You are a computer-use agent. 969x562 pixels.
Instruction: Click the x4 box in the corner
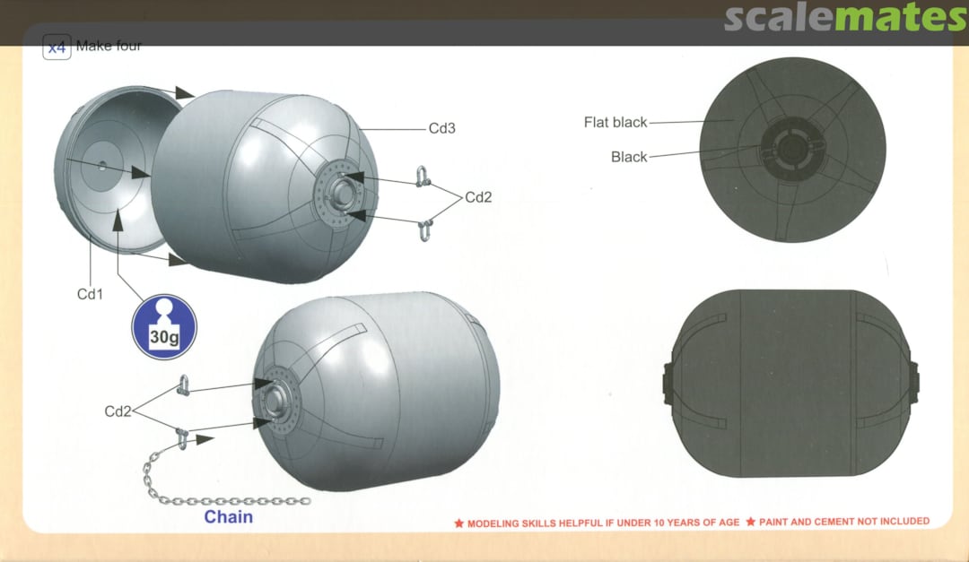pyautogui.click(x=57, y=47)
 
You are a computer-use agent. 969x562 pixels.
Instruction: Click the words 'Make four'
pyautogui.click(x=109, y=46)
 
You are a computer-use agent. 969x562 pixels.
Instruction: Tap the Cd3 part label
pyautogui.click(x=441, y=128)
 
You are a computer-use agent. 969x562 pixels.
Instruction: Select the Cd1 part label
pyautogui.click(x=90, y=294)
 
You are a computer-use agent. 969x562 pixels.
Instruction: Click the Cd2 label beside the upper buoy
pyautogui.click(x=478, y=197)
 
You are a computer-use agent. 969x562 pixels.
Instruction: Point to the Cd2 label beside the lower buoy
pyautogui.click(x=118, y=411)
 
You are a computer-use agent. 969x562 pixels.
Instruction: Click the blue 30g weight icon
pyautogui.click(x=164, y=326)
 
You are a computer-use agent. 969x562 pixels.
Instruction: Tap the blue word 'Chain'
pyautogui.click(x=229, y=517)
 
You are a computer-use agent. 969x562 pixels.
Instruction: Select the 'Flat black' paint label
pyautogui.click(x=615, y=122)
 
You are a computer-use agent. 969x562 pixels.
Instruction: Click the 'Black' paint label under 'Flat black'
pyautogui.click(x=629, y=157)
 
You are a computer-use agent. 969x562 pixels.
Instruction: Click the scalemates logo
pyautogui.click(x=845, y=17)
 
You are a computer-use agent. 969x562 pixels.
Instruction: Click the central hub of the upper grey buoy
pyautogui.click(x=339, y=194)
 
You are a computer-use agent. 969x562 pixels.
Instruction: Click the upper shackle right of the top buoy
pyautogui.click(x=422, y=176)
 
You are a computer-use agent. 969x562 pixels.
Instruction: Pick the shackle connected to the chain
pyautogui.click(x=181, y=437)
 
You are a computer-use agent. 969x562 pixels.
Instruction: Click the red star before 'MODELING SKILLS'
pyautogui.click(x=458, y=523)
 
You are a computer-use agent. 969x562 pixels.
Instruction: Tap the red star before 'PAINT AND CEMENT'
pyautogui.click(x=750, y=522)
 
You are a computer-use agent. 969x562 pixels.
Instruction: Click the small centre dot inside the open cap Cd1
pyautogui.click(x=102, y=166)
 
